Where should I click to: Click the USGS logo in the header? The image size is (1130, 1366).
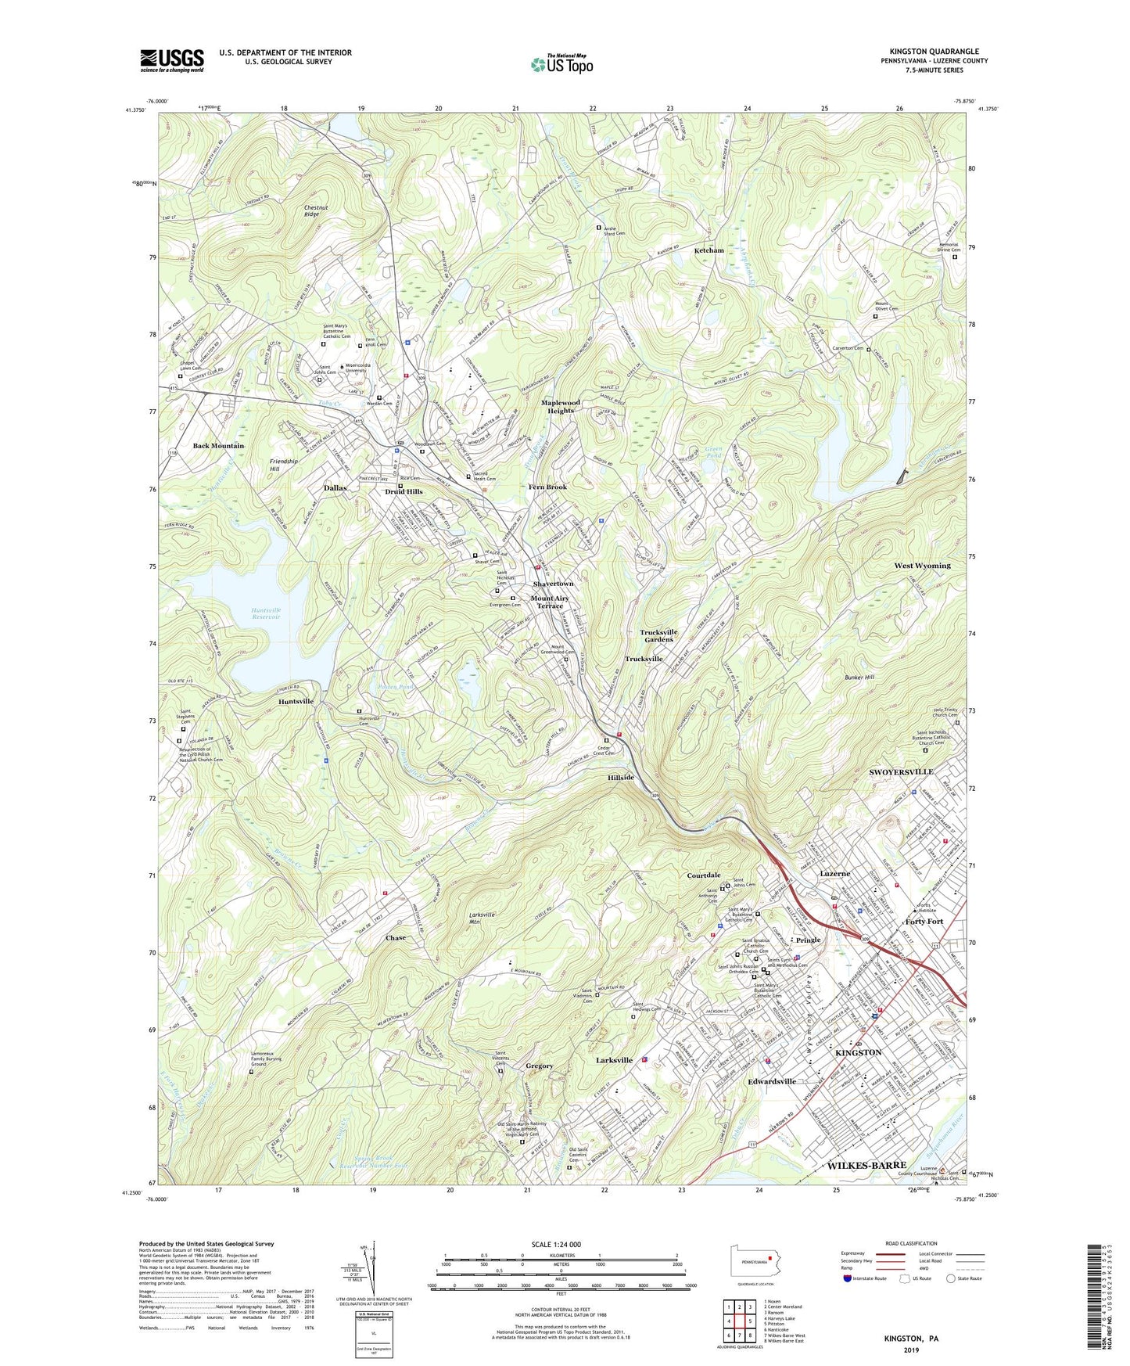pos(172,60)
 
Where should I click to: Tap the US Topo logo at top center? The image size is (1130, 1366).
pos(561,64)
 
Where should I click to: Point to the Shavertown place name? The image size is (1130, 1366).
pos(553,584)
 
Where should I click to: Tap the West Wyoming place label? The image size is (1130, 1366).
pos(922,566)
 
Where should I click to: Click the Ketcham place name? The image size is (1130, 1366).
pos(708,250)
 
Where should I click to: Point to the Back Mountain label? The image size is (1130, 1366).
pos(218,446)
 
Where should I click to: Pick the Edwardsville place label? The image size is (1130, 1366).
pos(772,1081)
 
